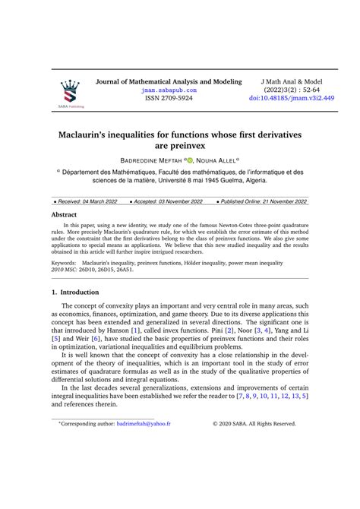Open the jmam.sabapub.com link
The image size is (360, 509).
click(x=169, y=90)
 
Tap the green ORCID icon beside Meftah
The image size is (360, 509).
click(x=190, y=161)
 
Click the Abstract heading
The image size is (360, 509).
click(x=64, y=215)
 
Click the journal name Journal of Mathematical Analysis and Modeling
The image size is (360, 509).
click(x=168, y=81)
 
